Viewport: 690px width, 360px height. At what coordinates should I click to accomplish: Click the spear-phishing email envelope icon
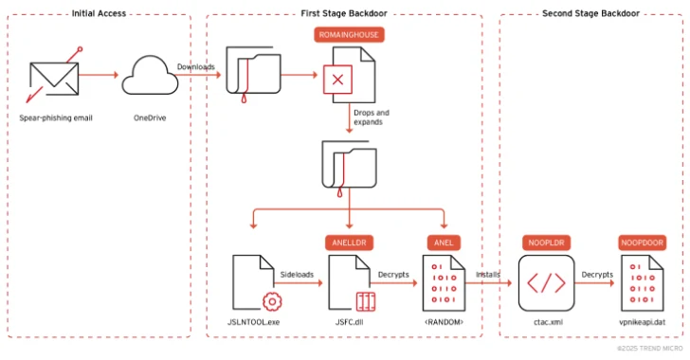[x=54, y=81]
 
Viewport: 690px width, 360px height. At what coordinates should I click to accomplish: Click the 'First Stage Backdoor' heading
[x=344, y=13]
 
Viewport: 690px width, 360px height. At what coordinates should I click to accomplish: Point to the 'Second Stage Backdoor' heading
[x=590, y=13]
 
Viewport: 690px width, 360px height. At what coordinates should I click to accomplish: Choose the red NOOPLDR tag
[x=546, y=243]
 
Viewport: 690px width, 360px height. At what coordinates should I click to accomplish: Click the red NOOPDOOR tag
[x=643, y=243]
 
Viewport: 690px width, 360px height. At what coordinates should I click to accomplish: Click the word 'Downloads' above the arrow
[x=195, y=66]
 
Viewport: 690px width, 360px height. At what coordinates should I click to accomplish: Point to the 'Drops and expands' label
[x=371, y=117]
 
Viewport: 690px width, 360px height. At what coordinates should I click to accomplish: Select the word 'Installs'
[x=490, y=274]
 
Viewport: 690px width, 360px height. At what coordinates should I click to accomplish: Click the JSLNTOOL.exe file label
[x=255, y=322]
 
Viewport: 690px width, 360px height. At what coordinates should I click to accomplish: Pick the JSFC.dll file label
[x=350, y=322]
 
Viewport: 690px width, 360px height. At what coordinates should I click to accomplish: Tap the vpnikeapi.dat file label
[x=643, y=322]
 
